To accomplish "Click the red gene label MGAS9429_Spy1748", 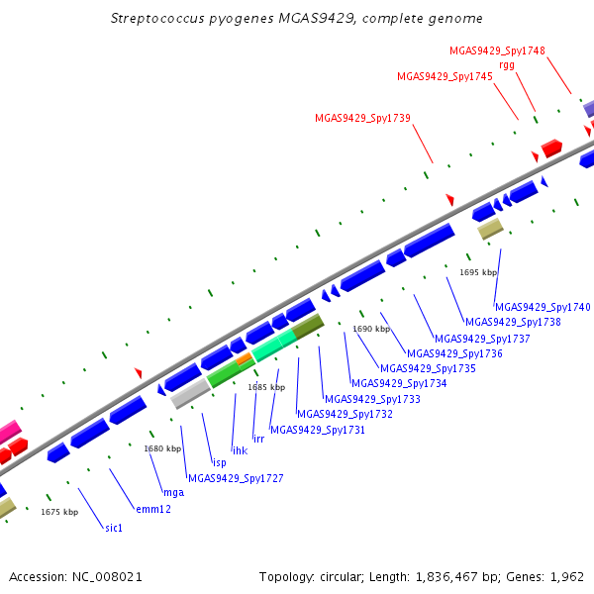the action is tap(497, 50).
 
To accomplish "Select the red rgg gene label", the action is tap(507, 65).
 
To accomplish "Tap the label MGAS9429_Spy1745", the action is tap(445, 76).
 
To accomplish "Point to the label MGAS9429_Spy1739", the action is tap(362, 118).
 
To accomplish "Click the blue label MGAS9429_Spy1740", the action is tap(543, 307).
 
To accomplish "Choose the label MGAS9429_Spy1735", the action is tap(428, 368).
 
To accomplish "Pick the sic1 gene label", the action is tap(114, 528).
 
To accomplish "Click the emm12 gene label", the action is tap(153, 509).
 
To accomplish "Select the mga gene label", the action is tap(174, 492).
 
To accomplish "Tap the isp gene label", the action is tap(220, 462).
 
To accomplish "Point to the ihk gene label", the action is tap(240, 450).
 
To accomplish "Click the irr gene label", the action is tap(258, 439).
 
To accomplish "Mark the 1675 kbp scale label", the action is tap(59, 512).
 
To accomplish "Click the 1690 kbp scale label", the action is tap(371, 329).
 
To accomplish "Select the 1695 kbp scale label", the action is tap(478, 272).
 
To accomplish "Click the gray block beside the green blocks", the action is tap(190, 394).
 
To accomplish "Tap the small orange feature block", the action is tap(244, 358).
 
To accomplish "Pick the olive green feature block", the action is tap(308, 326).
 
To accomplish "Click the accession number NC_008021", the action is tap(107, 577).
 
